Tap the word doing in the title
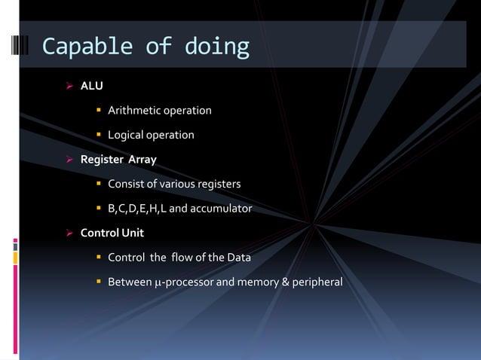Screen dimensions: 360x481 214,47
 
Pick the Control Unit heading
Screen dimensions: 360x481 112,232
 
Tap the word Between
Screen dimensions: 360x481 129,282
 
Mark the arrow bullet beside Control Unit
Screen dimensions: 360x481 69,232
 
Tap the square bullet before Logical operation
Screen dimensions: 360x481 98,136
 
